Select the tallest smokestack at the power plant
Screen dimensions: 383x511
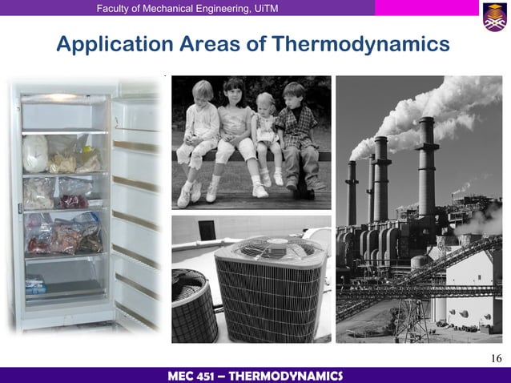tap(426, 172)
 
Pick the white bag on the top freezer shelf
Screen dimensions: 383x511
tap(36, 152)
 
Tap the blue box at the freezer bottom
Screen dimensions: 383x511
tap(34, 283)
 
